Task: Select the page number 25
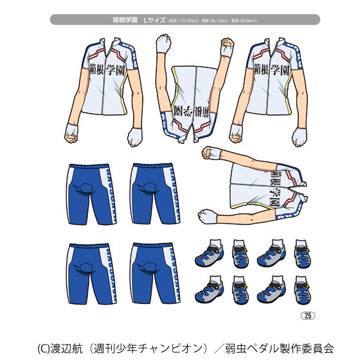pos(307,314)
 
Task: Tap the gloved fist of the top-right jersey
pos(299,136)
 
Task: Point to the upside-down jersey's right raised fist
pos(226,46)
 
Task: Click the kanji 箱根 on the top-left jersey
pos(97,70)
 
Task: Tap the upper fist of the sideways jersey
pos(210,152)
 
